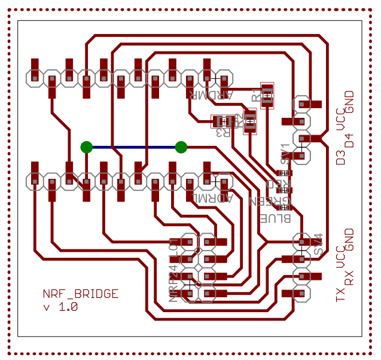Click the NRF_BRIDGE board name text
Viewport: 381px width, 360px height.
click(x=80, y=294)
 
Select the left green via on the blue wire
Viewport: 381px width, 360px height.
click(x=87, y=147)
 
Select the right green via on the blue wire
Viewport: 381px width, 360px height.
click(x=181, y=147)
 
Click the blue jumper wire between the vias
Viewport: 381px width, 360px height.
click(x=134, y=147)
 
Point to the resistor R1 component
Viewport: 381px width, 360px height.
click(x=267, y=94)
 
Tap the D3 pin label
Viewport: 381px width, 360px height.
click(x=340, y=158)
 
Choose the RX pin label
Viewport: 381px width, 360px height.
click(x=349, y=277)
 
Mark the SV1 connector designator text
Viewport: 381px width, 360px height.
click(x=285, y=153)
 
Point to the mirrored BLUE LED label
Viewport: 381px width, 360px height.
click(x=275, y=218)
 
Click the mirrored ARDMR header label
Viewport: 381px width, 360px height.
click(x=211, y=94)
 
